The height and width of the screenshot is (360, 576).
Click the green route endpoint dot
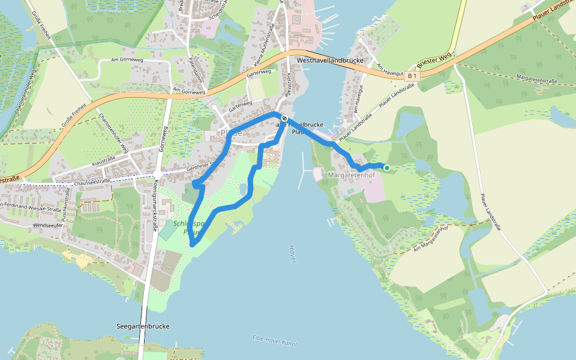387,168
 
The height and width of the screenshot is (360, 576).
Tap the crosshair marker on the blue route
284,119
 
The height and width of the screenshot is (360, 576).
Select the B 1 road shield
411,76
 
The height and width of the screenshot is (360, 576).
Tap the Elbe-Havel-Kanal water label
275,340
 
